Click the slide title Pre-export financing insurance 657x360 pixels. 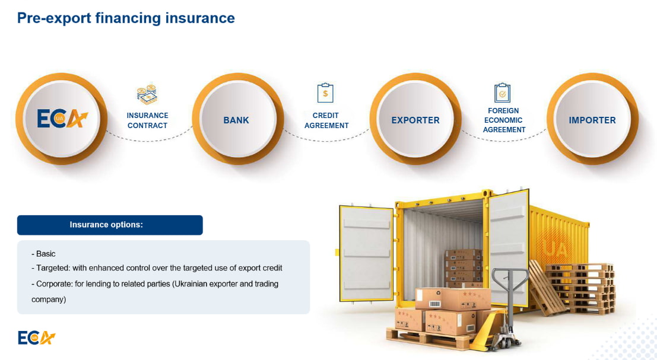[126, 18]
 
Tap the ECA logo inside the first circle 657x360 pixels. [62, 119]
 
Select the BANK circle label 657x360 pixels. [236, 120]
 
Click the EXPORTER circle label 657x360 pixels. [415, 120]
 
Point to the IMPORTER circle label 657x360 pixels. [592, 120]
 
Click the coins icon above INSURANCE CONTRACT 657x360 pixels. [147, 95]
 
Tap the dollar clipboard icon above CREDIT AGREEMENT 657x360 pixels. [325, 93]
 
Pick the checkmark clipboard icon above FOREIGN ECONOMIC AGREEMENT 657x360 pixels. [502, 93]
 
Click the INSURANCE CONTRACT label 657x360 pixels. [148, 120]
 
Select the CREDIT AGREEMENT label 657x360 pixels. [326, 120]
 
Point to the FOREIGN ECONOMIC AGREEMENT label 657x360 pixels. [503, 120]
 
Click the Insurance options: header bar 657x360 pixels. [110, 225]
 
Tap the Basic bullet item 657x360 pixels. [43, 254]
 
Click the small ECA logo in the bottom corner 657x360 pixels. [36, 337]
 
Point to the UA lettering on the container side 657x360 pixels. [557, 250]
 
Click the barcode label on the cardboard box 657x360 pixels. [434, 303]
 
